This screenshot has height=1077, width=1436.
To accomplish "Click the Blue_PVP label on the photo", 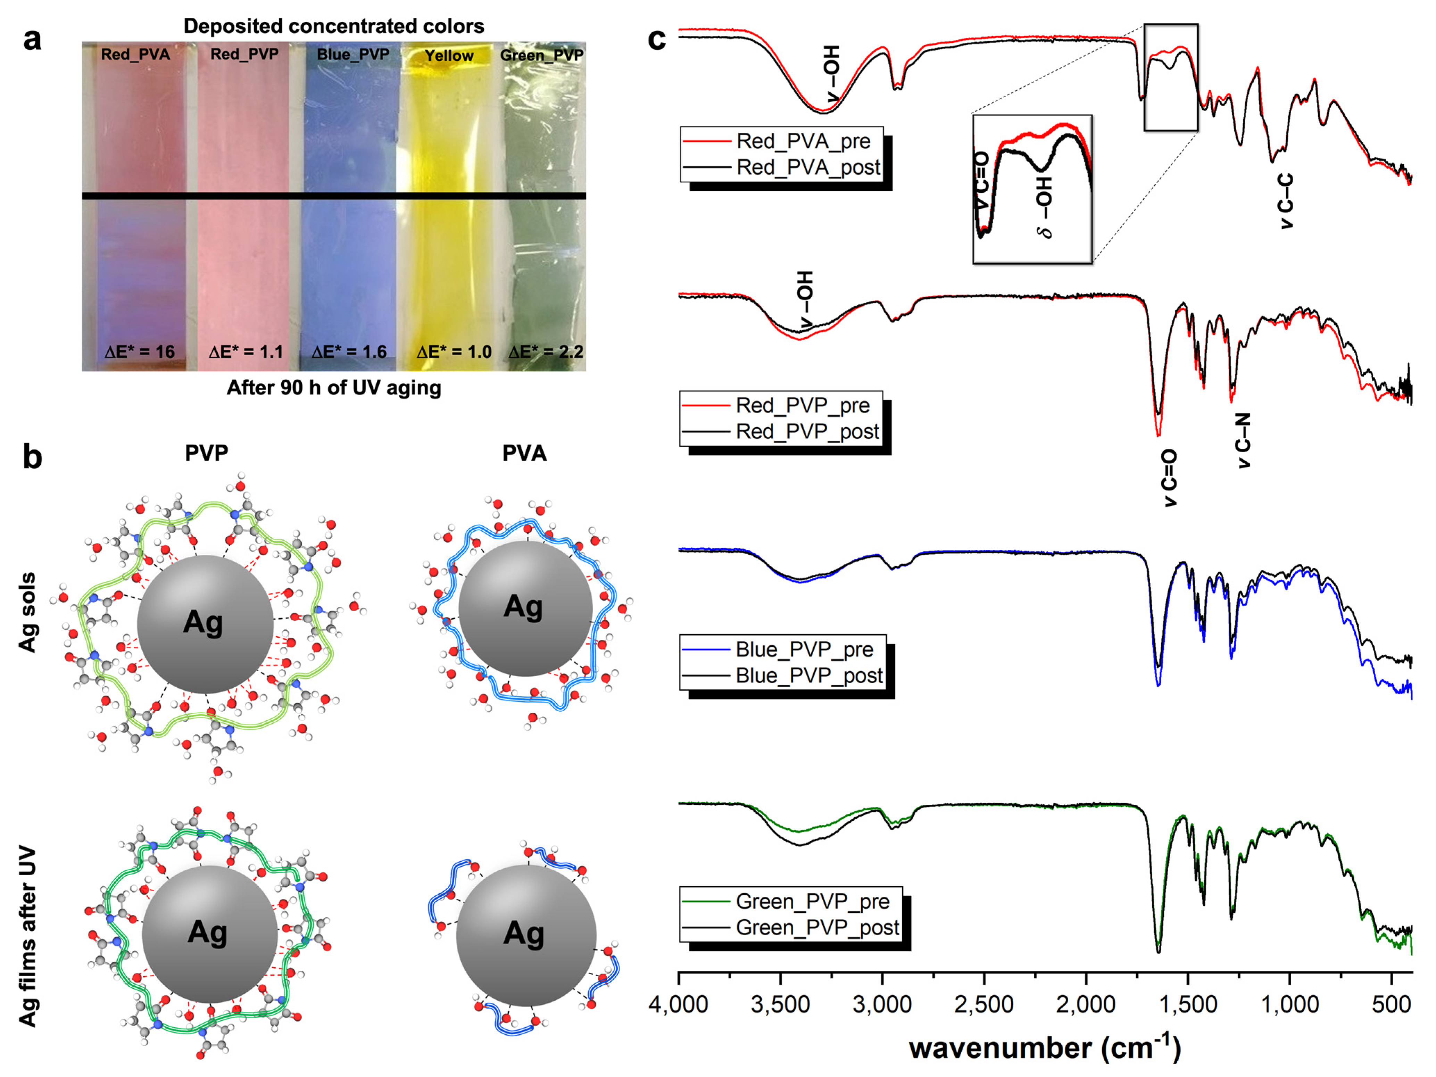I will [352, 55].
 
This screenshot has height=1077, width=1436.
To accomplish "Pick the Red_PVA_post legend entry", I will [807, 167].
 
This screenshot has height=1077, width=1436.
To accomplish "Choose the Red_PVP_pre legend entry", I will [803, 406].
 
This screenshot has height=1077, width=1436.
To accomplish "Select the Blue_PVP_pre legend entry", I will [804, 650].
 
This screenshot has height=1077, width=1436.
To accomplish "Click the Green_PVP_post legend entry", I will [817, 928].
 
